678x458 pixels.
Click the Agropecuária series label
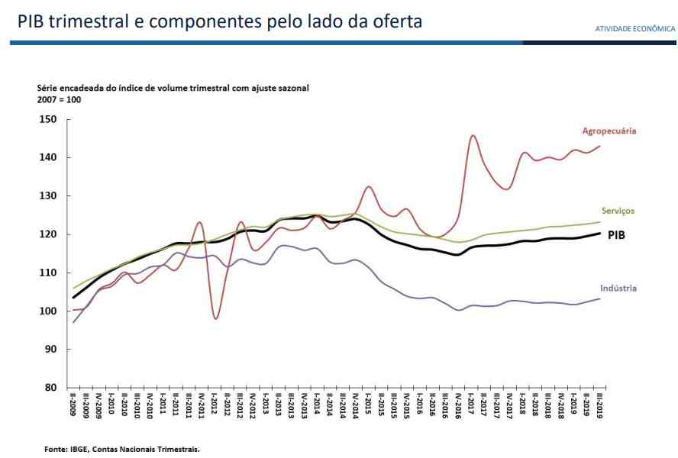(x=609, y=131)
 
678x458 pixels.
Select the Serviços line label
(x=618, y=211)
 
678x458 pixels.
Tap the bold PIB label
(x=616, y=235)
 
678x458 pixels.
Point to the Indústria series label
(x=618, y=288)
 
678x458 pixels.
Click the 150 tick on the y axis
(x=48, y=120)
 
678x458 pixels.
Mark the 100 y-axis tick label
(x=48, y=311)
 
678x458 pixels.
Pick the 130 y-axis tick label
(x=48, y=196)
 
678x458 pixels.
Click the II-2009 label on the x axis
(x=73, y=407)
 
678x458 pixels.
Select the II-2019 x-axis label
(x=599, y=407)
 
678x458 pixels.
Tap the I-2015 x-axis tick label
(x=368, y=407)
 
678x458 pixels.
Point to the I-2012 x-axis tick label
(x=215, y=407)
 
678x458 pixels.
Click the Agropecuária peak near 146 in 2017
(x=473, y=136)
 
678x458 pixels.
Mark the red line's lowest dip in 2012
(x=216, y=318)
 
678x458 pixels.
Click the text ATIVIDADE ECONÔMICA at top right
(x=635, y=29)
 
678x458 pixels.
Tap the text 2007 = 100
(x=59, y=100)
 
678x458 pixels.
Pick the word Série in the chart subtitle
(x=48, y=89)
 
